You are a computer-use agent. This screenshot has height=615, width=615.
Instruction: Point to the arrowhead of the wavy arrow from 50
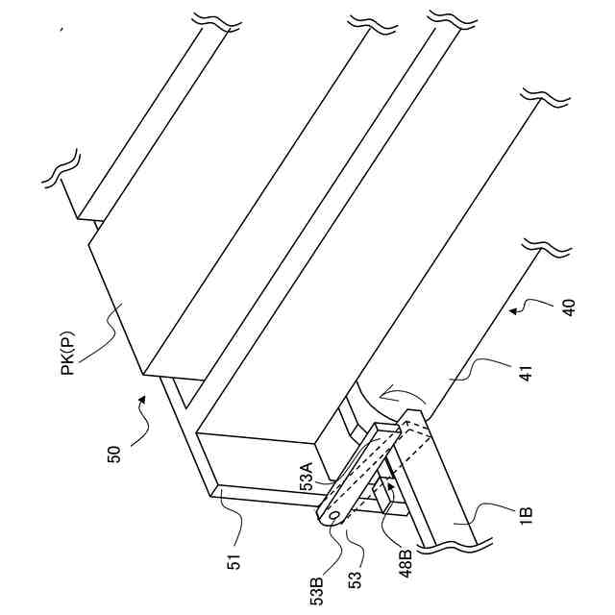tap(144, 396)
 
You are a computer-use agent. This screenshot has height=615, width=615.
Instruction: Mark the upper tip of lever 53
tap(396, 430)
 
